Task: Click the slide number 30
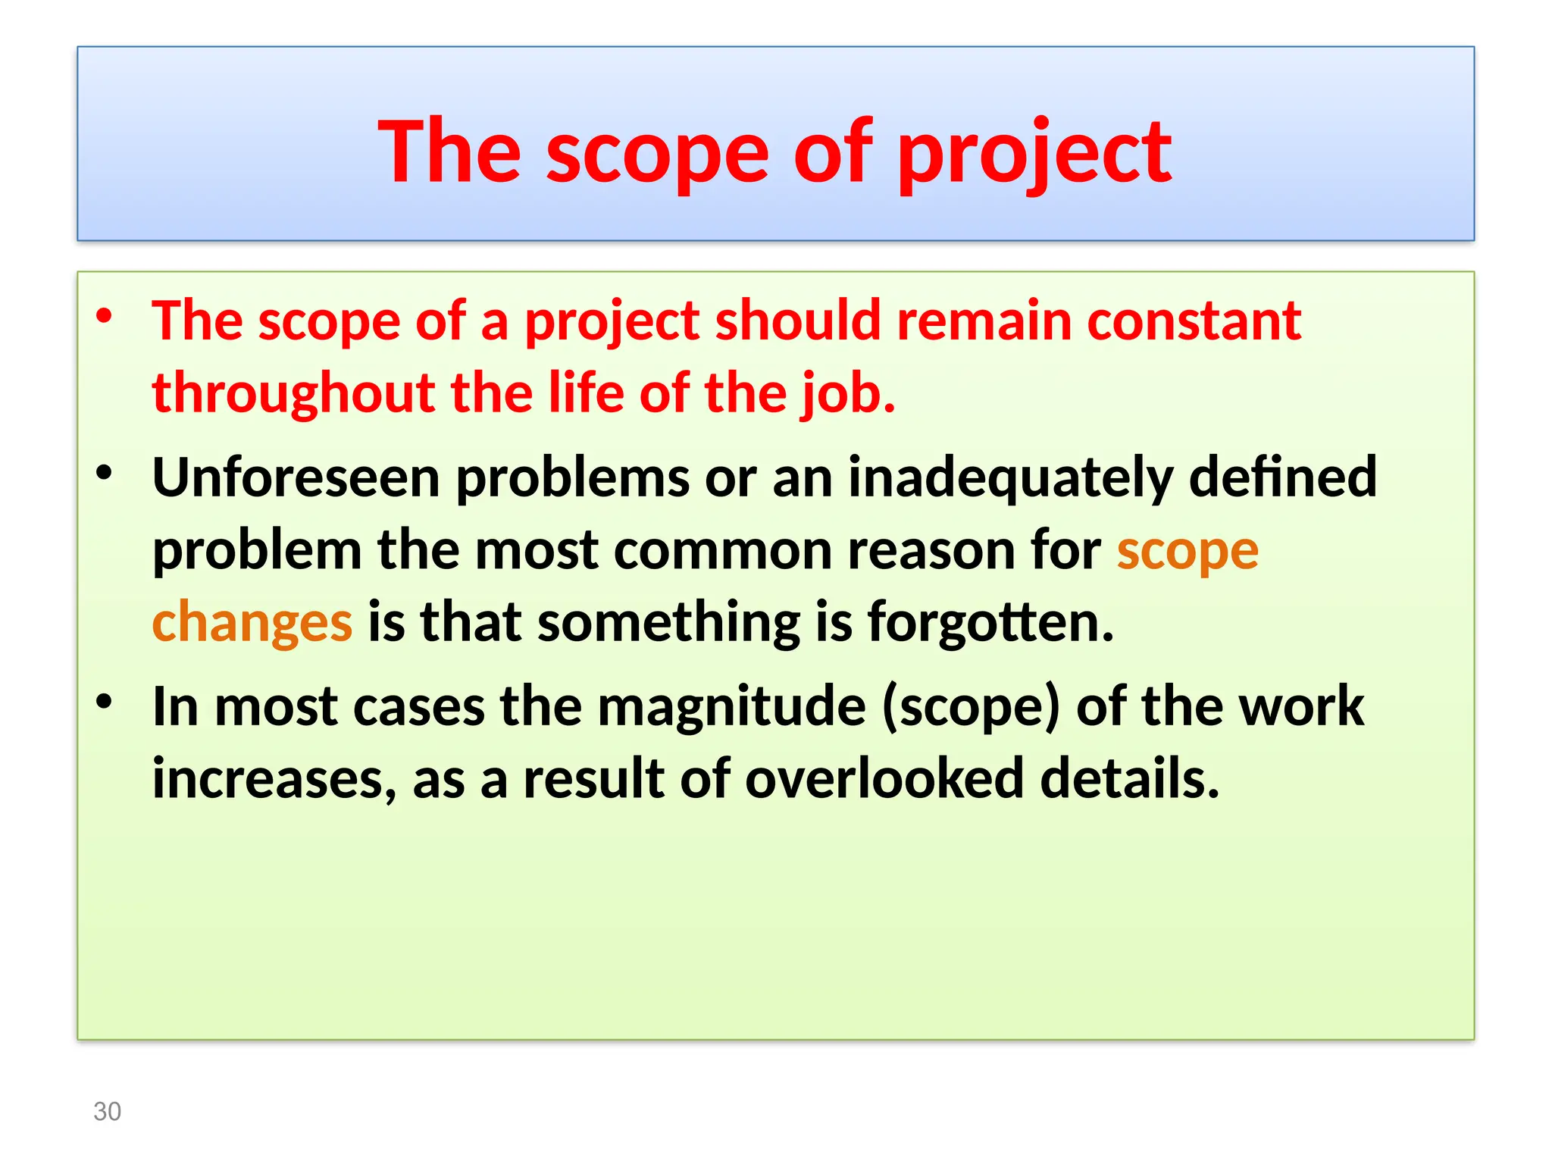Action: click(107, 1111)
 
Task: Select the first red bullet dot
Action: click(105, 315)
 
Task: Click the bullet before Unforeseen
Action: click(105, 473)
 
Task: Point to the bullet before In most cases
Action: click(105, 702)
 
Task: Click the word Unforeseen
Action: click(296, 477)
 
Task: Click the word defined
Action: click(1282, 477)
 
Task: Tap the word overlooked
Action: click(884, 779)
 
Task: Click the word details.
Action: click(1129, 779)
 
